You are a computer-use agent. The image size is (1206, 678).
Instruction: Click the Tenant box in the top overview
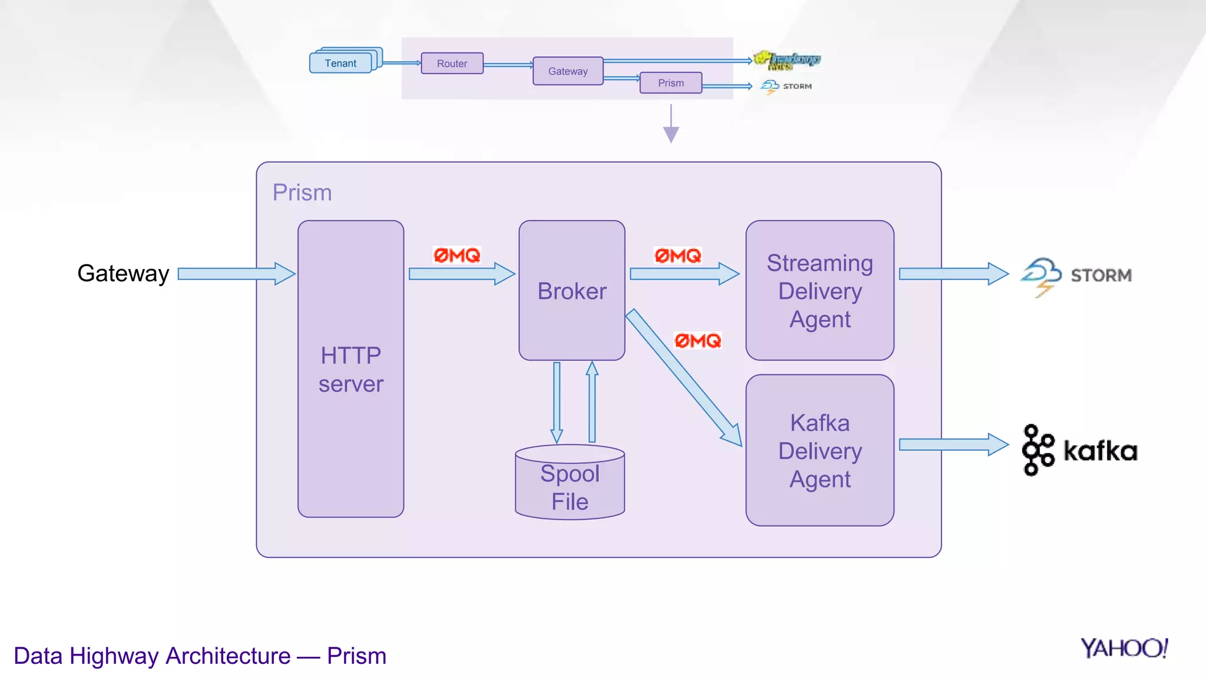coord(341,63)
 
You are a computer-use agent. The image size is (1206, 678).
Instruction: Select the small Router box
coord(452,64)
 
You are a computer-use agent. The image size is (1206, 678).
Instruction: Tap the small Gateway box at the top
coord(568,71)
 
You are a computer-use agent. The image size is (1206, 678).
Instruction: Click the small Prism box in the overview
coord(671,83)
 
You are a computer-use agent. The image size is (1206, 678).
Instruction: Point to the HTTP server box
coord(350,369)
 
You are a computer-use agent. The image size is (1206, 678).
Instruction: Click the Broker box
coord(571,291)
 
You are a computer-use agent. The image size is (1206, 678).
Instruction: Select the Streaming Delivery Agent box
coord(819,291)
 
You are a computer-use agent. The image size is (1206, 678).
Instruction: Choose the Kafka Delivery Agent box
coord(819,450)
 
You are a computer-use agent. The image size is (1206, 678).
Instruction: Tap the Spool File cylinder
coord(569,486)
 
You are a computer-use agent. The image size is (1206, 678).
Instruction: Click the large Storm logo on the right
coord(1075,275)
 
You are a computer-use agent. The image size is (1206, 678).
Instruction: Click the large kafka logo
coord(1079,450)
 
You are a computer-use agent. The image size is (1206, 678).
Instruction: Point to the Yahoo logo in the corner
coord(1124,648)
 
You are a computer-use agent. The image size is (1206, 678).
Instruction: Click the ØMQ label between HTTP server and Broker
coord(457,255)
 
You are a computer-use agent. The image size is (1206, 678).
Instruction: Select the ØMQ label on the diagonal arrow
coord(697,340)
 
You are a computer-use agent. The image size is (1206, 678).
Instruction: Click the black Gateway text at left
coord(123,274)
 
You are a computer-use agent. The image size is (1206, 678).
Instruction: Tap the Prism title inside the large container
coord(302,192)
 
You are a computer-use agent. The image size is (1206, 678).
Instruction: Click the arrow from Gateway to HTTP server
coord(236,274)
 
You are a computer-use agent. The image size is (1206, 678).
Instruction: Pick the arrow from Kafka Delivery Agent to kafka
coord(953,444)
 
